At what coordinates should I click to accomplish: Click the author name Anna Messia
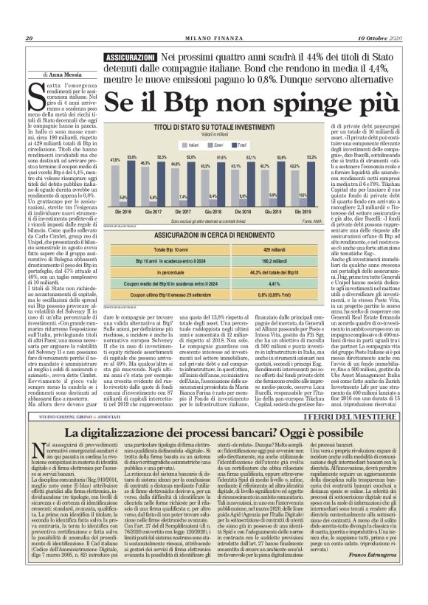69,75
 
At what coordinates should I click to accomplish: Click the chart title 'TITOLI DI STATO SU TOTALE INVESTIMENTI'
204,128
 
